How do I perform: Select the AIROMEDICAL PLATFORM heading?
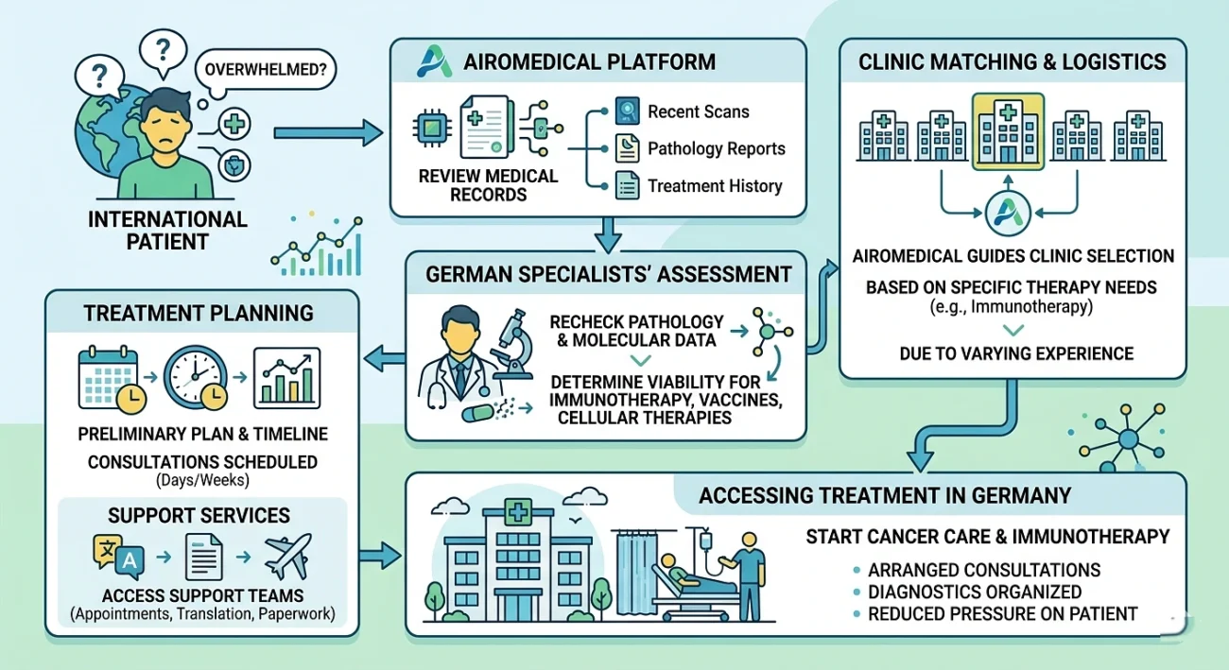pyautogui.click(x=589, y=63)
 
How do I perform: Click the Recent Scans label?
pyautogui.click(x=698, y=112)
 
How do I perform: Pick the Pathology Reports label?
pyautogui.click(x=716, y=148)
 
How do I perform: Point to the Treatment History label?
pyautogui.click(x=714, y=186)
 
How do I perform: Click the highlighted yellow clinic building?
pyautogui.click(x=1008, y=132)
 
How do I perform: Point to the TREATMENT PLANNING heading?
pyautogui.click(x=200, y=312)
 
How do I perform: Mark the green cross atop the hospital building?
pyautogui.click(x=516, y=512)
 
